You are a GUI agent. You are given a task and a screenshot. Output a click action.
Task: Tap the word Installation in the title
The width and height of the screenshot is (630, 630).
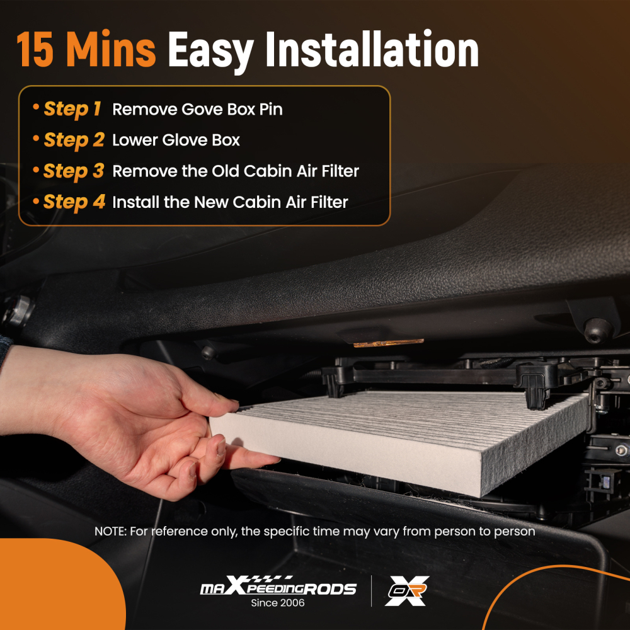[372, 50]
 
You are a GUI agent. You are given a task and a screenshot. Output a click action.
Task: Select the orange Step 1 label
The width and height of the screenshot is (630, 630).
[72, 109]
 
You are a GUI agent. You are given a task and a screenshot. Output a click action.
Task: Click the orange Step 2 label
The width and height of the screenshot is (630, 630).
[73, 140]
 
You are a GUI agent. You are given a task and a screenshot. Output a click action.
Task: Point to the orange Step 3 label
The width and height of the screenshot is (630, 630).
[73, 171]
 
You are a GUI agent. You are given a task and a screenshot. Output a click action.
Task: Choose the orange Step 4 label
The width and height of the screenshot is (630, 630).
[73, 202]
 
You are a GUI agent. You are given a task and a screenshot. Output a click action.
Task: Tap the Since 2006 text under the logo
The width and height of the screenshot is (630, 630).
[277, 603]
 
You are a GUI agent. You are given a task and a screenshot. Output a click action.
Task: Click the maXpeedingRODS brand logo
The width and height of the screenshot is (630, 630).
[277, 587]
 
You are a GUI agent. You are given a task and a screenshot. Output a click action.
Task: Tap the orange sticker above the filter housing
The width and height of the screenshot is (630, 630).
[388, 343]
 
